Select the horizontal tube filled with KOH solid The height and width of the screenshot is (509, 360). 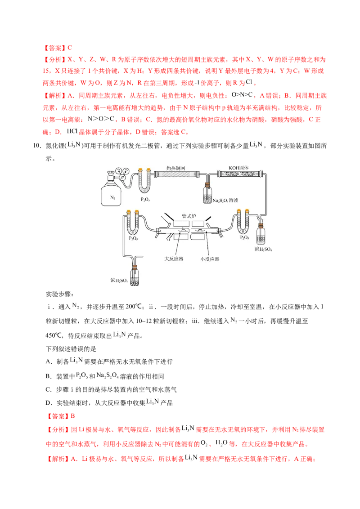(x=239, y=174)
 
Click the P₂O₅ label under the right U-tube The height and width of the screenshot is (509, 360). (x=245, y=237)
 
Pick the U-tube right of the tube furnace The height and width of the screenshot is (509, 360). (x=243, y=222)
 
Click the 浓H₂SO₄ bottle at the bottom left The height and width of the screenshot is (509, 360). (x=135, y=277)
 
